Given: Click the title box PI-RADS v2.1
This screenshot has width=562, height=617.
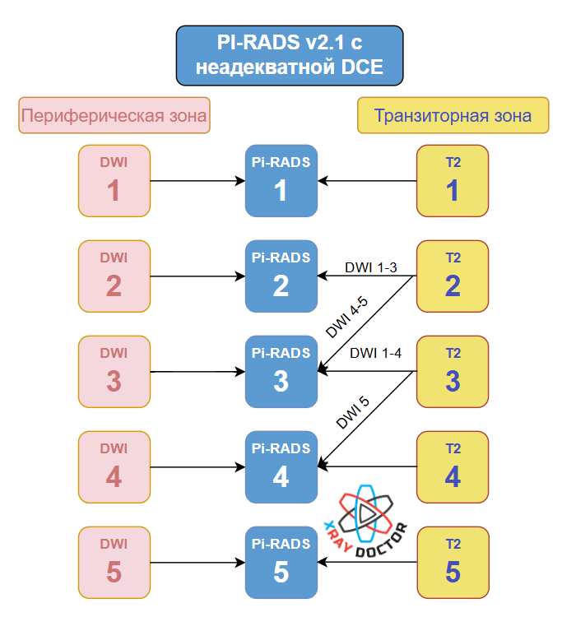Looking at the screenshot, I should coord(289,55).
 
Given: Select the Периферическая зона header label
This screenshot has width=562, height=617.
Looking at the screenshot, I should coord(114,116).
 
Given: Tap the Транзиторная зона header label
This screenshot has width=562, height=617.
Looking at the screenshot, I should coord(453,116).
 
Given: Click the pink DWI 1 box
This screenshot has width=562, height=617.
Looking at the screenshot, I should coord(114,181).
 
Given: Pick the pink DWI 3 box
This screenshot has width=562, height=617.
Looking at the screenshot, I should coord(114,372).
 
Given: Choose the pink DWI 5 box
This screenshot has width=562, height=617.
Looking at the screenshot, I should coord(114,563).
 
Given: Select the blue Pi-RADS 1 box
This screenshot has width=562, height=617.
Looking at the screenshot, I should coord(281,181).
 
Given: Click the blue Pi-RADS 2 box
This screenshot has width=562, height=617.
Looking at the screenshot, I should coord(281,276).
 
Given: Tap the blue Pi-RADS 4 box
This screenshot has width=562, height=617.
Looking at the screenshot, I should coord(281,467).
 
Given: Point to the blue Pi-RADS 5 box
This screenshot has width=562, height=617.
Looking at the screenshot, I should coord(281,563).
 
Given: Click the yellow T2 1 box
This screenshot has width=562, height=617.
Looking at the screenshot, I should coord(453,181).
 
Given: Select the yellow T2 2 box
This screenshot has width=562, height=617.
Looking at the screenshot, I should coord(453,276).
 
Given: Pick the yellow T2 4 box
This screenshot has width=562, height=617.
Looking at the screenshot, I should coord(453,467).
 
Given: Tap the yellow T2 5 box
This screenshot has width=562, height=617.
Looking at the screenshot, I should coord(453,563).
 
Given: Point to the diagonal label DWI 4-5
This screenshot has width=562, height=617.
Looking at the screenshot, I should coord(347,318).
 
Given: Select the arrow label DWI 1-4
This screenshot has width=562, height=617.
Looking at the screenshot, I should coord(375,354).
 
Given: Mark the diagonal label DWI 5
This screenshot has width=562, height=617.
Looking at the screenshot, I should coord(354,412).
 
